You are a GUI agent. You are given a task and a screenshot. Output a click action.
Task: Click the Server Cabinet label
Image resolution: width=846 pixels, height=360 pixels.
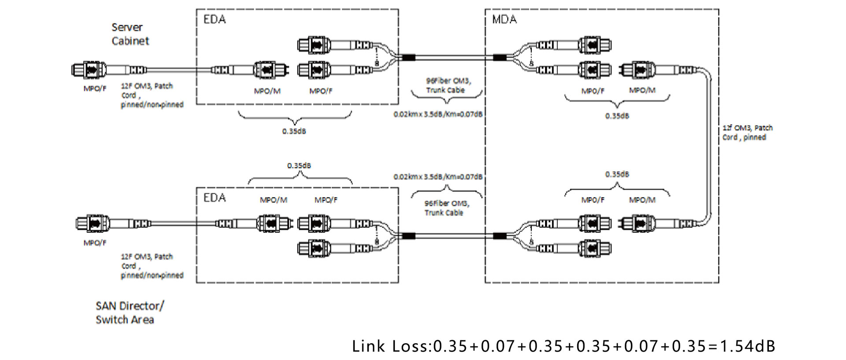tap(130, 34)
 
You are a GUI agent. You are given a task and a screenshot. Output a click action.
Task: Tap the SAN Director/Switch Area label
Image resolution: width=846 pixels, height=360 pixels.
tap(130, 312)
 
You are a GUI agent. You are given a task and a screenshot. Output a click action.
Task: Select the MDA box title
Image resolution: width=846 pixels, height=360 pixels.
tap(504, 19)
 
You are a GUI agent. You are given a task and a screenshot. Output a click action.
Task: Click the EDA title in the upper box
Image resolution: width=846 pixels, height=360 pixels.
tap(215, 19)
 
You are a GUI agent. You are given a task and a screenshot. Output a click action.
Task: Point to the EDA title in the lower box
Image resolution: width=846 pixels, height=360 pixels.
tap(215, 198)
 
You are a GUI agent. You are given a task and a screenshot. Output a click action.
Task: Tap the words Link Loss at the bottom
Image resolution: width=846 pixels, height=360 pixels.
tap(390, 346)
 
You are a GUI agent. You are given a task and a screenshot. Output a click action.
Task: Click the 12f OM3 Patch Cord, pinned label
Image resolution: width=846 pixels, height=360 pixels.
tap(747, 133)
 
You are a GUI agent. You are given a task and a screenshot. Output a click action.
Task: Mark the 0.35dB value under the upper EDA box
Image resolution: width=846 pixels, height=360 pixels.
tap(294, 131)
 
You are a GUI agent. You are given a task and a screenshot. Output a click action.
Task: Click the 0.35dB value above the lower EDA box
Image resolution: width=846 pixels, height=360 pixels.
tap(299, 166)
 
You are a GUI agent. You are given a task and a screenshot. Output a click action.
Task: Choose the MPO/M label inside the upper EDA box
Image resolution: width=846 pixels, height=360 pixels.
tap(267, 91)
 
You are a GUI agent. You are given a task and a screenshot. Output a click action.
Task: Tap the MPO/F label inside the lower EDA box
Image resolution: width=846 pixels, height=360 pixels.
tap(326, 200)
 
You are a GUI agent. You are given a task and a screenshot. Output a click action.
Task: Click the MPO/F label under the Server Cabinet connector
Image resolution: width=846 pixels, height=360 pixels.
tap(95, 89)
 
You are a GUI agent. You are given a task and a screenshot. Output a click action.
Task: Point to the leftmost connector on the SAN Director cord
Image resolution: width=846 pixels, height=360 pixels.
tap(93, 224)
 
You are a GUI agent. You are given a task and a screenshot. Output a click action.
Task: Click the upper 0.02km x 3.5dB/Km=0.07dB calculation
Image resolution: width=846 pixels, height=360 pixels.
tap(438, 114)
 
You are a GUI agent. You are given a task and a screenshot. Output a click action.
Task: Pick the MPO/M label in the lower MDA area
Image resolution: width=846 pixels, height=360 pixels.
tap(642, 200)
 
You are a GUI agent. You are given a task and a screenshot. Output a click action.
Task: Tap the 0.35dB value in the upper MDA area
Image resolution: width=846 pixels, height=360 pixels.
tap(617, 116)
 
